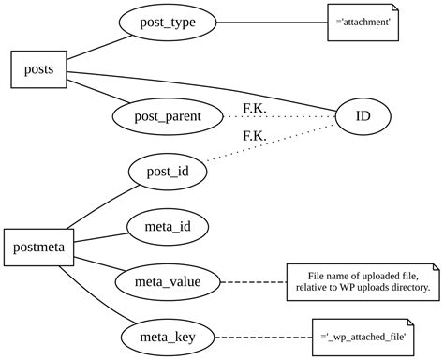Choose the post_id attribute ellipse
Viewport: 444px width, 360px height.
click(167, 172)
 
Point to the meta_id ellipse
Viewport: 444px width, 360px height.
click(168, 227)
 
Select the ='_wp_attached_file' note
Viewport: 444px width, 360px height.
click(363, 335)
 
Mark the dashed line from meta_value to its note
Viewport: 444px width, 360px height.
click(253, 280)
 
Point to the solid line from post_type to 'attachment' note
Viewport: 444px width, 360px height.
click(272, 22)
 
